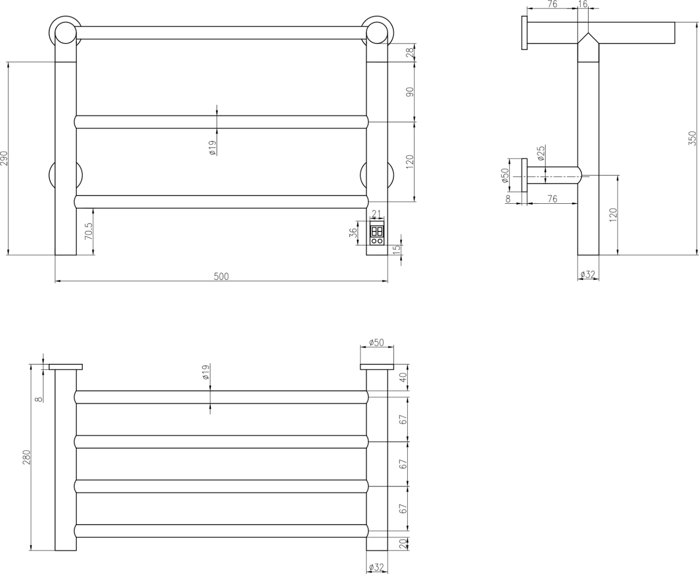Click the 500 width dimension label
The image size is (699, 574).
221,276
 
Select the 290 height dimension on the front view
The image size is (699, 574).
4,158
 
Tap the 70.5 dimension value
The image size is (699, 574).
89,232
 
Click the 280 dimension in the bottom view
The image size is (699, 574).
27,457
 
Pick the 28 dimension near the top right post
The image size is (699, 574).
410,53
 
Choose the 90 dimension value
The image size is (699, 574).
410,92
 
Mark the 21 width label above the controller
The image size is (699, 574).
377,214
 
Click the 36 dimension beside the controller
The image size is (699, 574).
354,233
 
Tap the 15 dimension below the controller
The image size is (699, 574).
397,250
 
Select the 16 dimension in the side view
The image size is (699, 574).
582,4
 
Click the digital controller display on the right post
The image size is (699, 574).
377,231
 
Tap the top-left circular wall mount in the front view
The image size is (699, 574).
65,32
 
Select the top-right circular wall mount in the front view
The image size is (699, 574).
377,32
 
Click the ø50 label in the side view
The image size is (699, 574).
505,175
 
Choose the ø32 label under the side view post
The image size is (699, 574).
587,274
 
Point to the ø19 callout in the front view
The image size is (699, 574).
212,147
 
